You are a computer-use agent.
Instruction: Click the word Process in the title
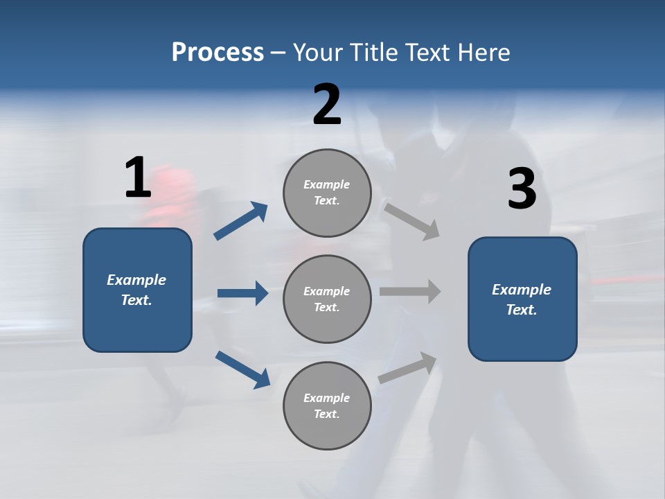[x=218, y=53]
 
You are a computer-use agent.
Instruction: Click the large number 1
[x=138, y=178]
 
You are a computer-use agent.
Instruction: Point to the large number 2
[x=327, y=105]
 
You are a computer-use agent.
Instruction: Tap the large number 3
[x=522, y=189]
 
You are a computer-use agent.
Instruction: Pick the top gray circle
[x=327, y=193]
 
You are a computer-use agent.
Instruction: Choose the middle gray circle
[x=327, y=299]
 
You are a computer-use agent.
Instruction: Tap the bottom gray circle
[x=327, y=405]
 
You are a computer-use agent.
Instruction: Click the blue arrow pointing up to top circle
[x=241, y=221]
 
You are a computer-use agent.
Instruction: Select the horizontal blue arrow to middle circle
[x=242, y=293]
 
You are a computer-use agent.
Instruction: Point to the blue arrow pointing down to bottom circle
[x=242, y=369]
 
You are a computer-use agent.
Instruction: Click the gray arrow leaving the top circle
[x=412, y=221]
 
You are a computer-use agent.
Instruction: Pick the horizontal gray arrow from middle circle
[x=410, y=292]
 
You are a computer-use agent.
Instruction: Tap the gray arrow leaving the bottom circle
[x=408, y=367]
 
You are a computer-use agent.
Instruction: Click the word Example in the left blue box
[x=136, y=280]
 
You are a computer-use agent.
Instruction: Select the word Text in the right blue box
[x=521, y=310]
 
